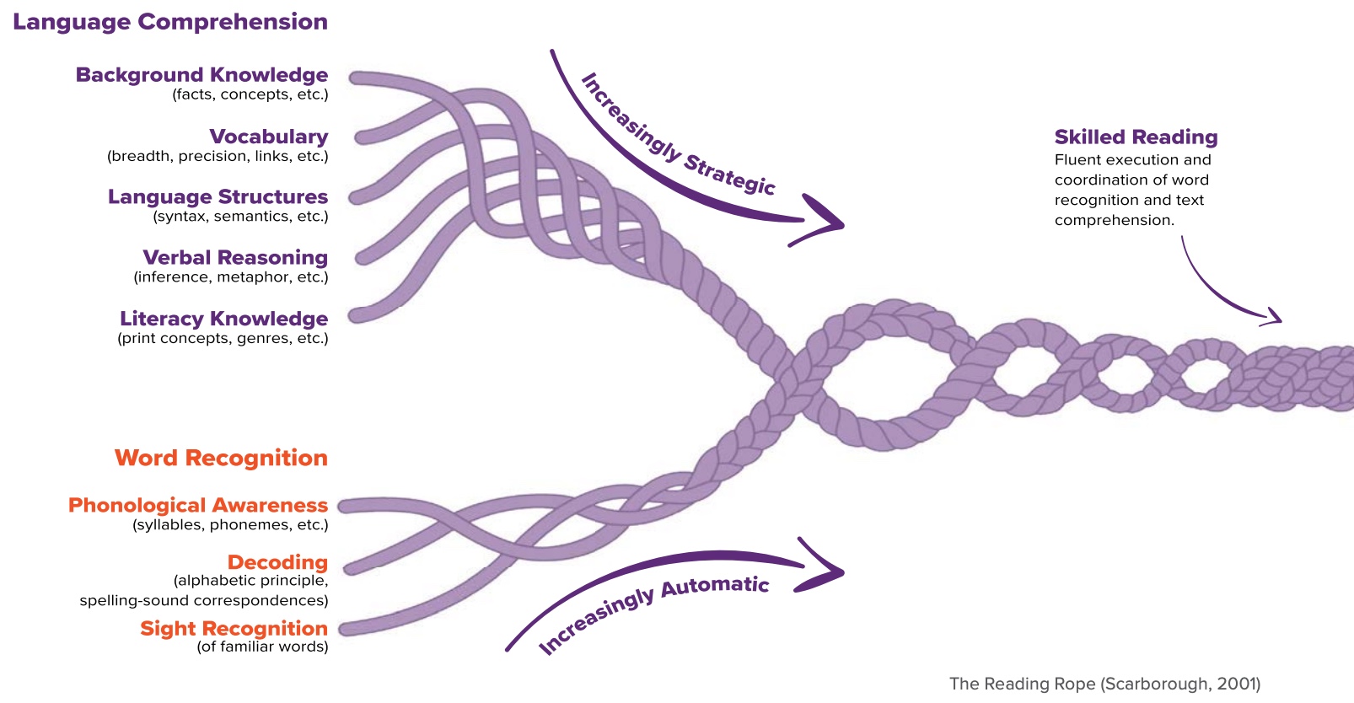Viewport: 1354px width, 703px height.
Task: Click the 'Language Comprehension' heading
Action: point(169,22)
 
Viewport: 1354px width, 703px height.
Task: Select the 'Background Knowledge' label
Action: point(201,75)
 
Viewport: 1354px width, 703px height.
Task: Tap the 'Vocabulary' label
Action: point(268,137)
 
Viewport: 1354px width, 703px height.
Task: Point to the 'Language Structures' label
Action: point(218,197)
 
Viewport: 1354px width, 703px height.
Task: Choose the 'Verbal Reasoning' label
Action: point(235,258)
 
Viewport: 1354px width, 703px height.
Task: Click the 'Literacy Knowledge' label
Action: point(223,319)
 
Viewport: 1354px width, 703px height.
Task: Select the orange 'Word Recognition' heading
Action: point(221,458)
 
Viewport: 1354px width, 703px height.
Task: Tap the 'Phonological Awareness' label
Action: point(198,505)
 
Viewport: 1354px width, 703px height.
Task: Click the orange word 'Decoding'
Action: point(277,562)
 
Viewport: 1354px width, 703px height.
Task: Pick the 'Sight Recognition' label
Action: point(234,628)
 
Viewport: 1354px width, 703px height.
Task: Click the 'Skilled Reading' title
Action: point(1136,137)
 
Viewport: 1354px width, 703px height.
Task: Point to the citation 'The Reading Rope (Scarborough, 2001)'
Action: point(1104,684)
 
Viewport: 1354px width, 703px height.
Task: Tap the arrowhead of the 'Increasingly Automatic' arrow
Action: point(830,572)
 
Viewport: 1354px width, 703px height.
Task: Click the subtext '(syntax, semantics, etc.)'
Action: point(240,217)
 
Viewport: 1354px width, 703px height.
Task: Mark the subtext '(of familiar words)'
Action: point(262,647)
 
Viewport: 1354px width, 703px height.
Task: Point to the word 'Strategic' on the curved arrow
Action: point(729,174)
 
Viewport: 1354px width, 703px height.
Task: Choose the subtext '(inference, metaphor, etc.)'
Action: point(230,277)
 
